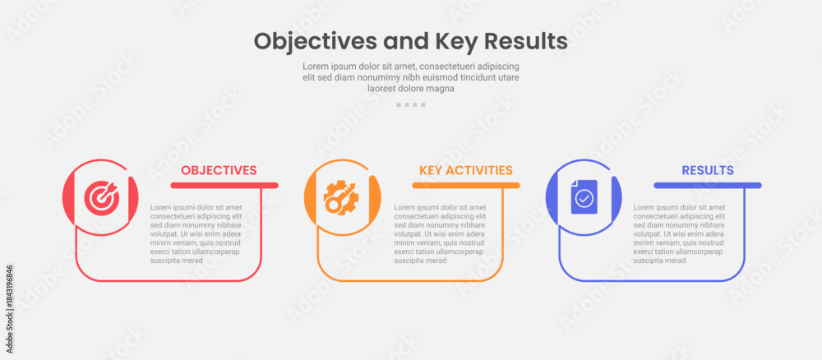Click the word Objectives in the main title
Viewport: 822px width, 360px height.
(316, 41)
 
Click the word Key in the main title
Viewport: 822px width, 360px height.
(455, 42)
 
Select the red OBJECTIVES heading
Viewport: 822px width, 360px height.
(219, 170)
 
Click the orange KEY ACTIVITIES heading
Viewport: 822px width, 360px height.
(465, 170)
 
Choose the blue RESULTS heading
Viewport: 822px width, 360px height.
(708, 170)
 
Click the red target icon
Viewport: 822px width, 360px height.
(102, 197)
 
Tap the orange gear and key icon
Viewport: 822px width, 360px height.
(341, 197)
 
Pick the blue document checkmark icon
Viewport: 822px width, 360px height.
(584, 196)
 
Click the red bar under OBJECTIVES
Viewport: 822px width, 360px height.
(224, 185)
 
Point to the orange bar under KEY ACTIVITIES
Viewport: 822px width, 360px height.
(466, 185)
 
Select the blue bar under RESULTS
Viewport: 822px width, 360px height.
(708, 185)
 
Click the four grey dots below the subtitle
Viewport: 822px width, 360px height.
(411, 105)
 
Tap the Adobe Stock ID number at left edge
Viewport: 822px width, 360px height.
(9, 309)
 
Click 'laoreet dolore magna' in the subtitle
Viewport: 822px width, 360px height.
(411, 89)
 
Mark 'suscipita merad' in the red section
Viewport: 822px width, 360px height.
(176, 261)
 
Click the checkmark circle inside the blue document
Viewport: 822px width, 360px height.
(584, 199)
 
